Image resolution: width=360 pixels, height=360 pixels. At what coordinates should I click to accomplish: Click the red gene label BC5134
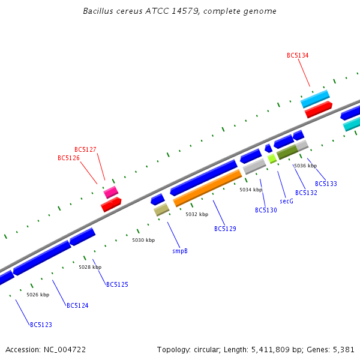pos(298,55)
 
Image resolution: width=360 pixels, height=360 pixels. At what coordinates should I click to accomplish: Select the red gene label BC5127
pos(85,149)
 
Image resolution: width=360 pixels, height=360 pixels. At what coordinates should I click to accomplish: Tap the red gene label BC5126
pos(68,158)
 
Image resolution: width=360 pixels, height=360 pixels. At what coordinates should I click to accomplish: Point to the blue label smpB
pos(180,251)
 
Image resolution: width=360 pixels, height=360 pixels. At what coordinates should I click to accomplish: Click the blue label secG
pos(286,201)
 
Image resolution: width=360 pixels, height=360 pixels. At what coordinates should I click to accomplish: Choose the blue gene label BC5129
pos(225,229)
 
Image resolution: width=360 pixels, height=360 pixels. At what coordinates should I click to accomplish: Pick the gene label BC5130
pos(266,210)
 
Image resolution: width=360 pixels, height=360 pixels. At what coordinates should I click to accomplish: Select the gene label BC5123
pos(41,325)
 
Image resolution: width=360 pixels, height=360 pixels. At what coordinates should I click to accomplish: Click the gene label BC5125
pos(117,284)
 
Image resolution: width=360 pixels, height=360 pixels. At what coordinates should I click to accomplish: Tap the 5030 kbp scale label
pos(143,240)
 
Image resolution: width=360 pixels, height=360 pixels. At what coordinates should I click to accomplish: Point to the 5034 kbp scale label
pos(251,190)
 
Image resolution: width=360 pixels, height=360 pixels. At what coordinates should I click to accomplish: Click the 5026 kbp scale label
pos(38,295)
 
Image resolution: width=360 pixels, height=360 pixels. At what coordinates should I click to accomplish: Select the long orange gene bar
pos(208,188)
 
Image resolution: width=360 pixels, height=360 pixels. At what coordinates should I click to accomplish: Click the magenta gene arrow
pos(111,192)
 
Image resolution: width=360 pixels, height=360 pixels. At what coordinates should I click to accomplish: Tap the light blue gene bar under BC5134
pos(315,98)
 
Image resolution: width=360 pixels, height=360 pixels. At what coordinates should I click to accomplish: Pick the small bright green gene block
pos(272,158)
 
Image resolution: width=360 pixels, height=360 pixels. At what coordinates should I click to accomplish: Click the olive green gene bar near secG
pos(287,152)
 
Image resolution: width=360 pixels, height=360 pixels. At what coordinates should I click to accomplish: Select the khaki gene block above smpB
pos(161,209)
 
